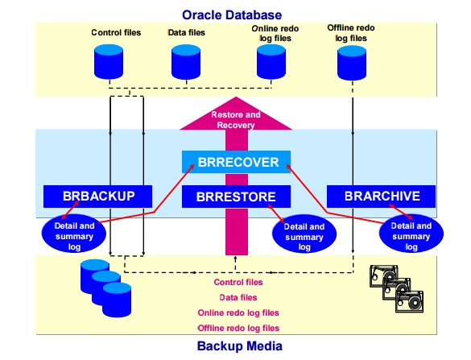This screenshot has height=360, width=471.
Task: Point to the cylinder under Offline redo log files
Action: click(x=351, y=62)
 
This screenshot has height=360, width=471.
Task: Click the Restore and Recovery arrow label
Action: click(x=233, y=120)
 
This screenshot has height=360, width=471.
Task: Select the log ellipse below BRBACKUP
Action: click(x=76, y=233)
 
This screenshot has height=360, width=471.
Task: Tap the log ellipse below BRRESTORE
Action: click(x=304, y=237)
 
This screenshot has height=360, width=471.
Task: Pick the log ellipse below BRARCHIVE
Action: click(x=411, y=234)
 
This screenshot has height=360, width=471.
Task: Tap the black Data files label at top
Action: click(x=186, y=33)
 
